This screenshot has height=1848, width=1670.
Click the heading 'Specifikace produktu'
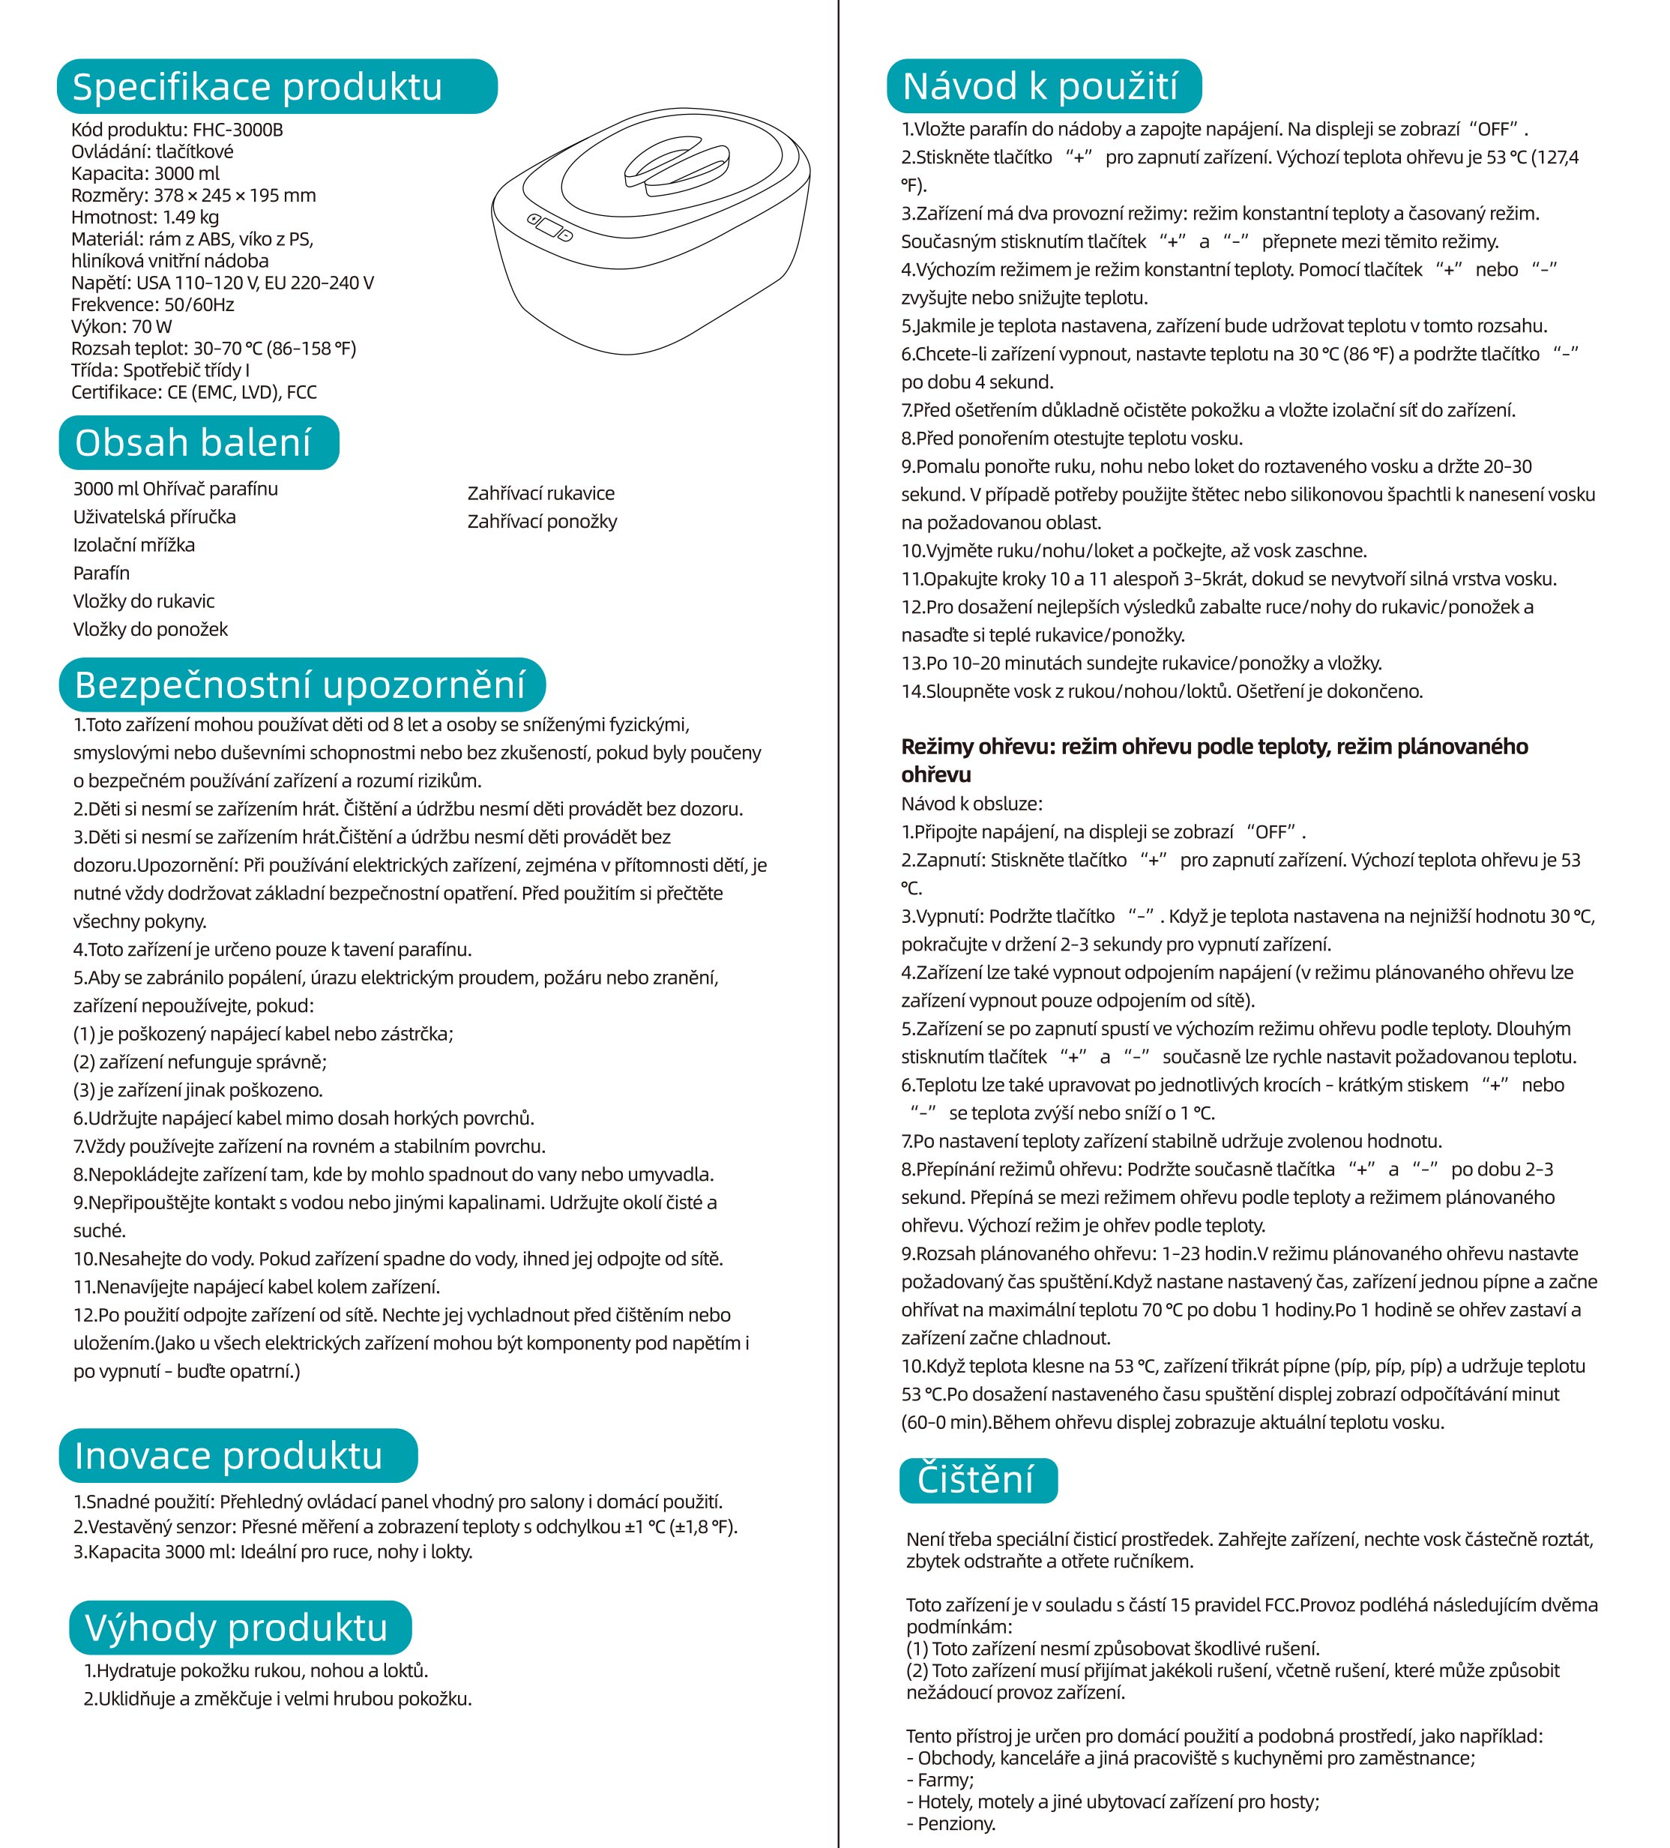[258, 87]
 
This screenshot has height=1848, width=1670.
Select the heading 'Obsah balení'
[193, 443]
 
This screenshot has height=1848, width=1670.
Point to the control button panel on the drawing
[548, 227]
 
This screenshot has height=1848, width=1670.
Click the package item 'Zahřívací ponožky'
[542, 522]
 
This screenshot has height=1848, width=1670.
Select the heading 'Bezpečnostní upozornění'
[300, 684]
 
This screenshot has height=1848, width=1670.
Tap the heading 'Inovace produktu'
[228, 1456]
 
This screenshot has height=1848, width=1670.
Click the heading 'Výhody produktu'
[236, 1627]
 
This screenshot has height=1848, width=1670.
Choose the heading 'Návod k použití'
[1040, 86]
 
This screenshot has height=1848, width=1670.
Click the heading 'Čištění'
[975, 1479]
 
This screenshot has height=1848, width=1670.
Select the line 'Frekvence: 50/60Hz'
[152, 304]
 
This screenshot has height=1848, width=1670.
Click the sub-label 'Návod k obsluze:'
[971, 804]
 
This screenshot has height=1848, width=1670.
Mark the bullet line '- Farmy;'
[939, 1779]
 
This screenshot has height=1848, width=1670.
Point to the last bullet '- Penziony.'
[950, 1823]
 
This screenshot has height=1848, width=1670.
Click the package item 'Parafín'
[101, 573]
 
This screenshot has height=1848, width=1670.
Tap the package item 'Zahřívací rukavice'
[540, 493]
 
